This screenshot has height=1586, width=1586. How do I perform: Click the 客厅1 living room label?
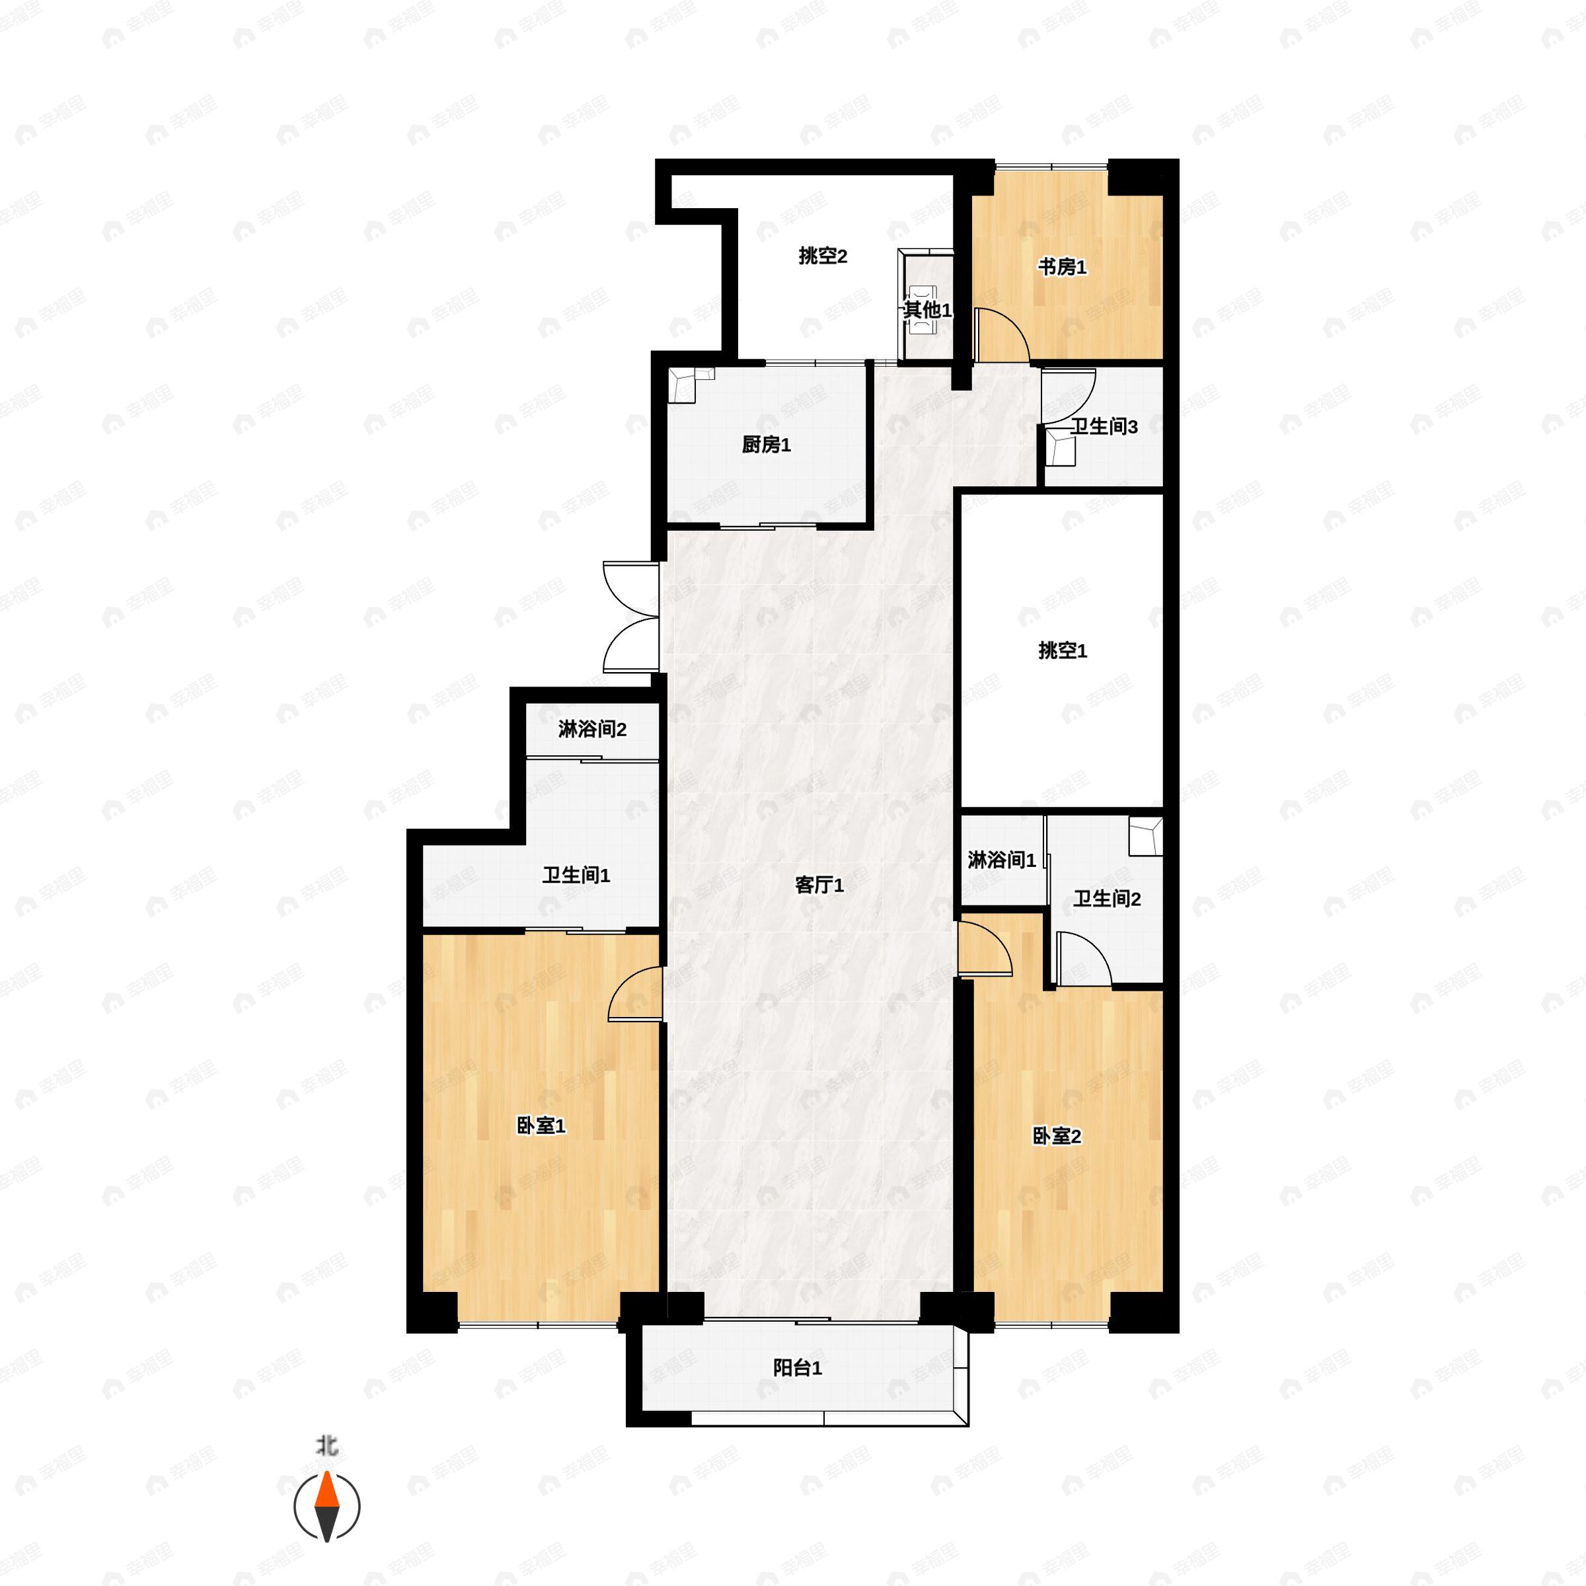[819, 885]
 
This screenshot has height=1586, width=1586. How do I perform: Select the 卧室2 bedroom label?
[1056, 1136]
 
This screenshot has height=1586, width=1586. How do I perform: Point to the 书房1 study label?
[1061, 267]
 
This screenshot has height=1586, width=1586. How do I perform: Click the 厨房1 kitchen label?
[765, 445]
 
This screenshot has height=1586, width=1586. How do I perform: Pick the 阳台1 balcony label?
[797, 1368]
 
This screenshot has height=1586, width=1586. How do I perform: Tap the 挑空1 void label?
[1062, 651]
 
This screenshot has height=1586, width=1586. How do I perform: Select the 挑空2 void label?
[823, 256]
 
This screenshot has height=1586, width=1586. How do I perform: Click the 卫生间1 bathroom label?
[576, 876]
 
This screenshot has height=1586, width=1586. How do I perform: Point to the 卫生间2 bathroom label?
[1107, 899]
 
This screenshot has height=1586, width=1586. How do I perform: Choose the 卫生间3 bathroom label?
[1104, 427]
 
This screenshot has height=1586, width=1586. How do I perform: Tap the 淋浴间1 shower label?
[1002, 860]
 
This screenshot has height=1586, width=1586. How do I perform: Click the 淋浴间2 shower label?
[592, 729]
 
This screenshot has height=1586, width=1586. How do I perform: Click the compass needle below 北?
[326, 1507]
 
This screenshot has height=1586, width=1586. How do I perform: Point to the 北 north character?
[326, 1445]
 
